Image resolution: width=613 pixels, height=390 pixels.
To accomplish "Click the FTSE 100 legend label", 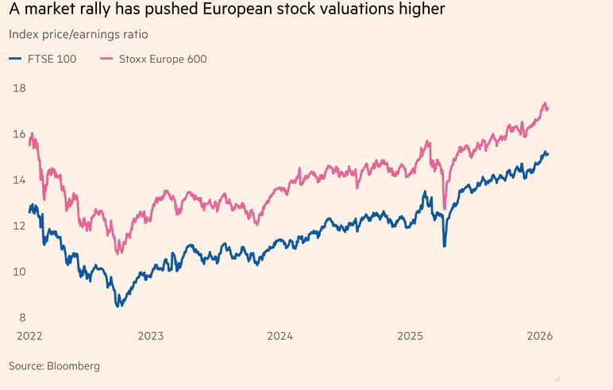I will click(x=52, y=59).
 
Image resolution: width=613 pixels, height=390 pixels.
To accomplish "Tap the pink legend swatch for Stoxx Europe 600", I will click(x=106, y=59).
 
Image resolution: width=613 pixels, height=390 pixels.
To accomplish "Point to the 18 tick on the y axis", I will click(x=19, y=88).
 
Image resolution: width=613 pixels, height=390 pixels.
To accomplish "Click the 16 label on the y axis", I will click(x=19, y=134).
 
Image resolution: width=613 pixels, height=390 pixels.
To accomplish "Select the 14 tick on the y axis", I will click(x=19, y=180).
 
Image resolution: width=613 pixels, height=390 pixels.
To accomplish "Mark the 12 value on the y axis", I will click(x=19, y=226).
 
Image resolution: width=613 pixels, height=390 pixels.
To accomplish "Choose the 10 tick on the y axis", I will click(x=19, y=272).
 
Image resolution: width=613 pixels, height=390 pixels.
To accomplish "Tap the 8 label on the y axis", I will click(x=21, y=318).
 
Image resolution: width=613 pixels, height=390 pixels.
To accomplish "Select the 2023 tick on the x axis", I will click(x=151, y=336).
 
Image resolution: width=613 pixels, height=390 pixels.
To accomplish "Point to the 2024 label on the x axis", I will click(x=280, y=336).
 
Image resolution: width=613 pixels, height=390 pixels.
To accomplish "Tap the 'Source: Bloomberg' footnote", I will click(x=54, y=366).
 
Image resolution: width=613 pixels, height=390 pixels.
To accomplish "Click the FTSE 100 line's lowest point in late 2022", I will click(x=119, y=306).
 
